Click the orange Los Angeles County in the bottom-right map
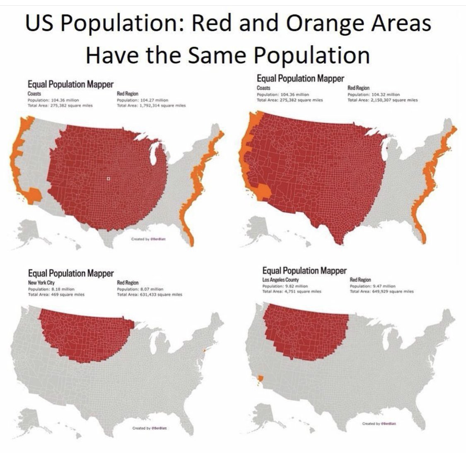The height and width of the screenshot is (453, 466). tap(260, 378)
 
